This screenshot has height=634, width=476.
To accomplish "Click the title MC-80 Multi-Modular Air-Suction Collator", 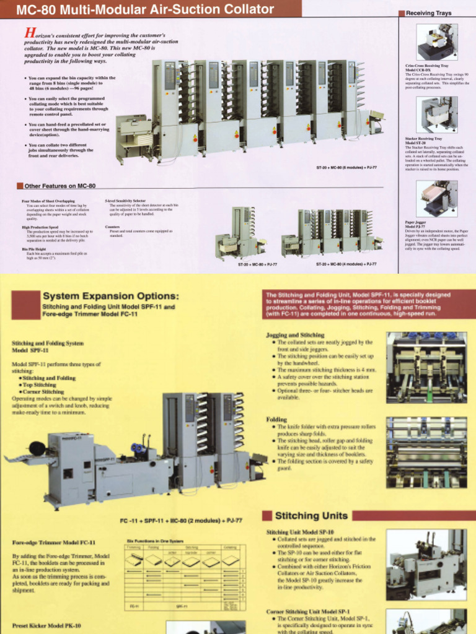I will click(145, 9).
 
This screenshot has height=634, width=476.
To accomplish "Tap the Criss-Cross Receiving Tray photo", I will click(436, 42).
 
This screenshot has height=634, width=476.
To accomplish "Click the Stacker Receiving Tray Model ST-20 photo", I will click(436, 115).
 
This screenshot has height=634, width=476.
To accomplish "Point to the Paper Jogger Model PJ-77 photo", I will click(436, 198).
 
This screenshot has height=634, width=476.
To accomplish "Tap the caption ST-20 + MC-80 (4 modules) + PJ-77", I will click(346, 264).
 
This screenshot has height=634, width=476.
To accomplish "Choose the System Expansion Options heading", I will click(111, 296).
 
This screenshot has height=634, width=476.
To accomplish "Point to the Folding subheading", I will click(276, 419).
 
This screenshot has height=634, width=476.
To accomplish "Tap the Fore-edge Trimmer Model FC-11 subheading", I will click(54, 542).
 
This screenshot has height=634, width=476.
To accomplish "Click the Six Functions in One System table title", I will click(154, 541).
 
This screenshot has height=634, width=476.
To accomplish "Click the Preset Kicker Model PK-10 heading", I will click(46, 625).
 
